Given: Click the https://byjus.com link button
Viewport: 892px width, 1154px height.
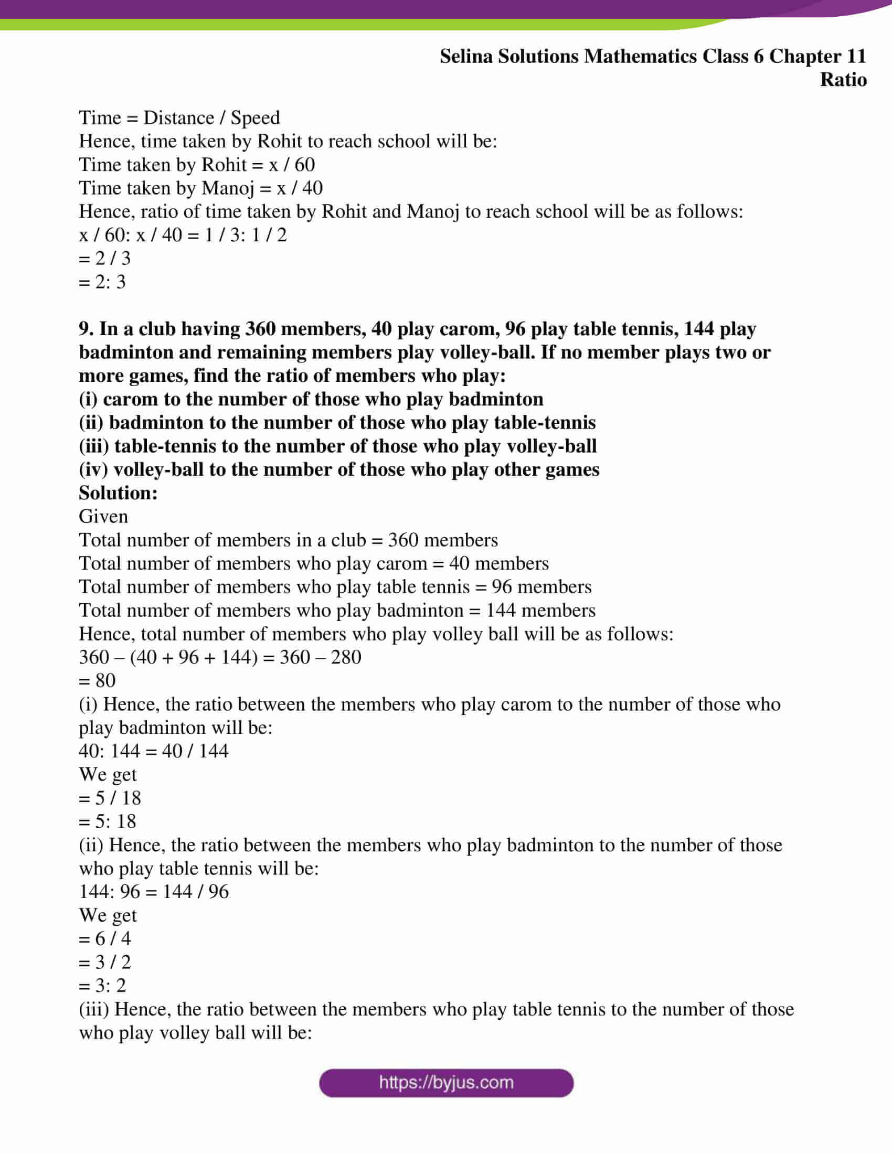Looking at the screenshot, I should pyautogui.click(x=446, y=1083).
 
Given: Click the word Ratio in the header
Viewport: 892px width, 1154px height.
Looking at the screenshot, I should pyautogui.click(x=843, y=80).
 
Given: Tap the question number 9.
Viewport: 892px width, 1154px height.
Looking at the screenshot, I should pyautogui.click(x=86, y=329).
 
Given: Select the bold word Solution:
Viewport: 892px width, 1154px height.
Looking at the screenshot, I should pyautogui.click(x=119, y=493).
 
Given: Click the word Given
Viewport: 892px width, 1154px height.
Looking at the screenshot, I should pyautogui.click(x=103, y=516).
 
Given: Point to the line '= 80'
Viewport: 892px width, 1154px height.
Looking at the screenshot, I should pyautogui.click(x=97, y=680).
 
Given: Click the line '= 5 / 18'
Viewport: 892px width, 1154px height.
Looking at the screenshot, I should pyautogui.click(x=110, y=798).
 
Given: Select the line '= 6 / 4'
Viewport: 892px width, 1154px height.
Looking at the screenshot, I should pyautogui.click(x=104, y=938).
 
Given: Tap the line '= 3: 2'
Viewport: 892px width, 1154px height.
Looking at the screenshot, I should pyautogui.click(x=102, y=986).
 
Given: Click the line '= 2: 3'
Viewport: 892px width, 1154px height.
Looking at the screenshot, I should pyautogui.click(x=102, y=282).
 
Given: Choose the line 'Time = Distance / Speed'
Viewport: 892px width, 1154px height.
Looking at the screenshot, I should pyautogui.click(x=179, y=117).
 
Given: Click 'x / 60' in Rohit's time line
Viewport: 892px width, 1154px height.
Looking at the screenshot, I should pyautogui.click(x=292, y=164).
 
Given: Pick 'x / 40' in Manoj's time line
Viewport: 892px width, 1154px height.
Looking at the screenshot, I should pyautogui.click(x=300, y=188).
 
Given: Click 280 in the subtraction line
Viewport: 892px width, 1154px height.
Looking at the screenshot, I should pyautogui.click(x=346, y=657).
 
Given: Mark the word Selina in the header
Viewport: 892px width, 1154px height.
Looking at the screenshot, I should pyautogui.click(x=465, y=57).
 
